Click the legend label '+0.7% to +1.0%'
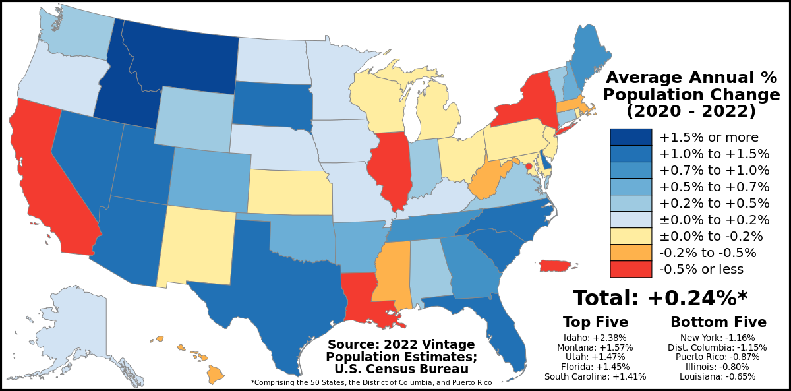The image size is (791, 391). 715,170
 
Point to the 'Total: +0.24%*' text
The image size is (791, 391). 660,298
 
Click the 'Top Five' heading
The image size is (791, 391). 595,322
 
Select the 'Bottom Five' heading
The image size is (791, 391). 718,322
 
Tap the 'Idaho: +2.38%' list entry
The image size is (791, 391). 595,338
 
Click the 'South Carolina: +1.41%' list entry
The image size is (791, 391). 595,376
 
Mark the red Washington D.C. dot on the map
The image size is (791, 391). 528,156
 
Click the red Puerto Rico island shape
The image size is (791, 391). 556,265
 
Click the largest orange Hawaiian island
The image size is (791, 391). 215,374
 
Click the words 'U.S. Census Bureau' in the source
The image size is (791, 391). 401,369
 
